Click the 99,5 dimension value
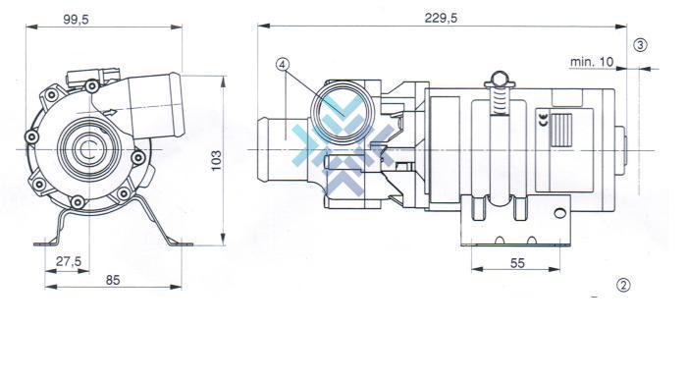coord(76,20)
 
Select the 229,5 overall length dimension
coord(441,18)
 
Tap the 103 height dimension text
coord(217,161)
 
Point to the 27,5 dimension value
coord(69,261)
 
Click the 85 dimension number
coord(113,280)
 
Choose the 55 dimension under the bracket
coord(517,263)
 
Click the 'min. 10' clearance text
coord(592,62)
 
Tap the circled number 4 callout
coord(283,65)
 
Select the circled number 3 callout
coord(641,45)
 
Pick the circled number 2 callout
coord(623,286)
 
